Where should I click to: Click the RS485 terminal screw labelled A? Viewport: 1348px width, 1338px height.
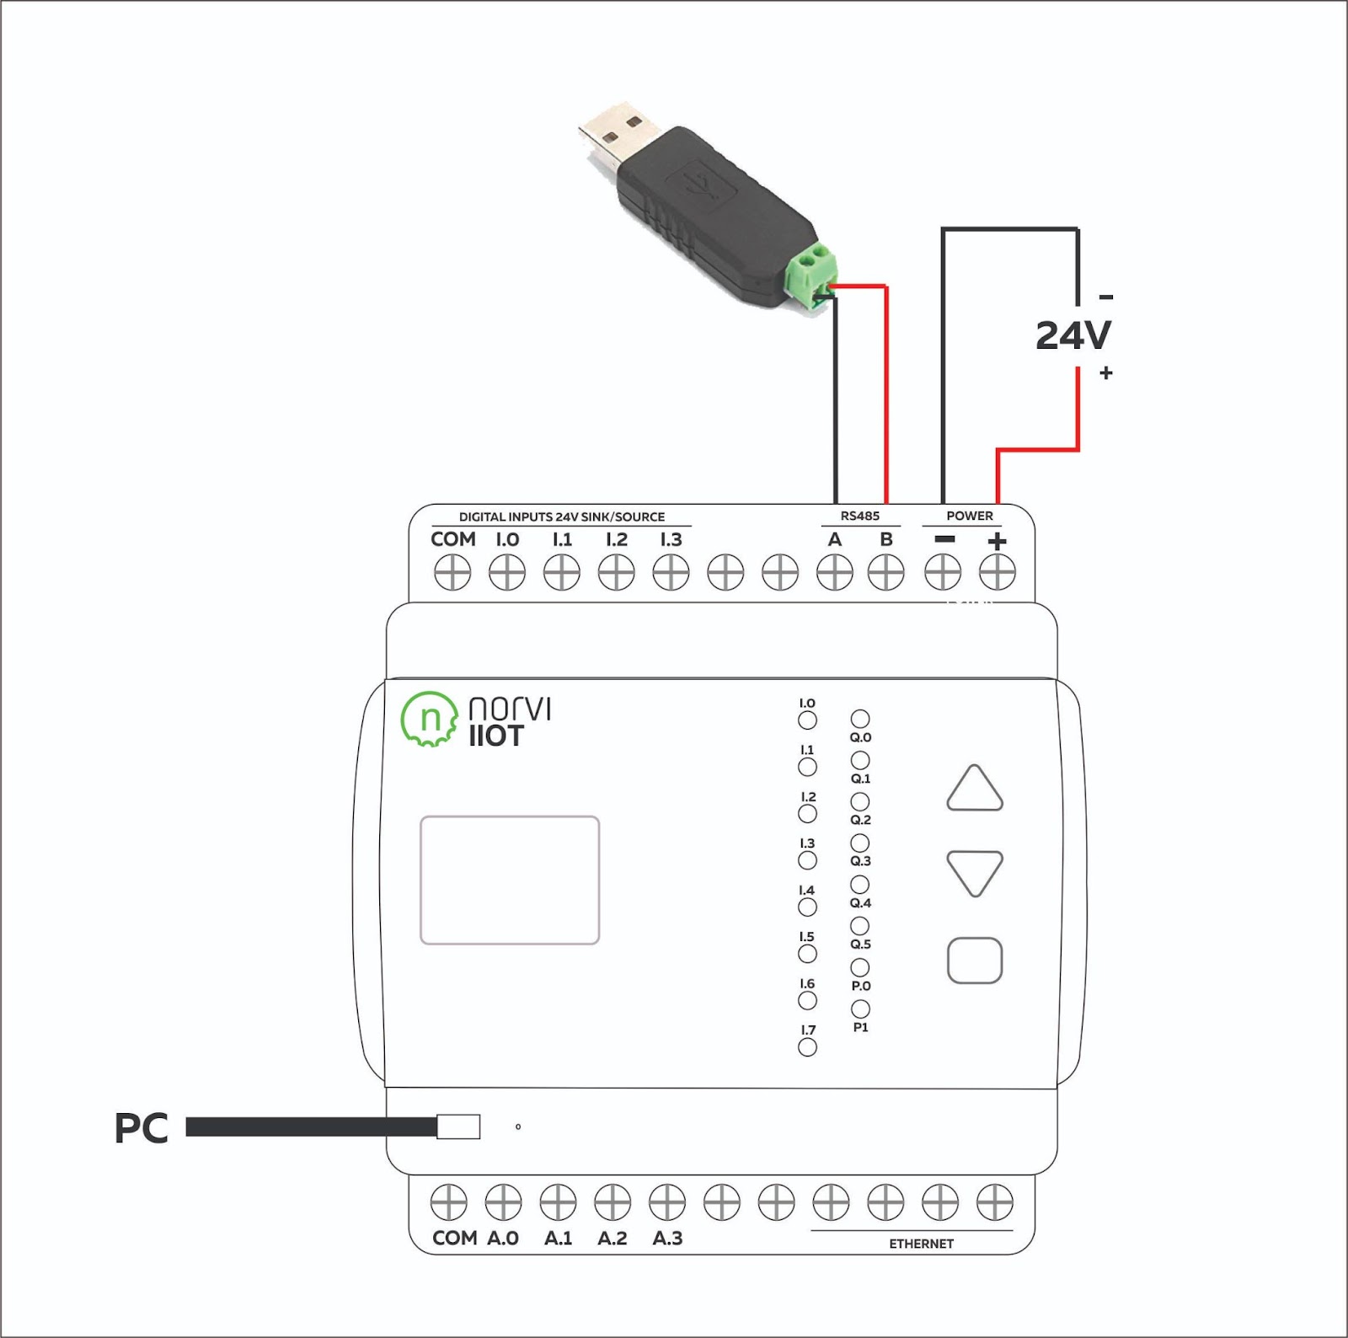click(x=835, y=574)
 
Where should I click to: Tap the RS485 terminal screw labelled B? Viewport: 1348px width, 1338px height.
click(x=885, y=574)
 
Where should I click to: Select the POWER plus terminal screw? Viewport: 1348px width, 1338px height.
click(x=998, y=573)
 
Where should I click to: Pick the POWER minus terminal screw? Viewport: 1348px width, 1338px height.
click(x=943, y=573)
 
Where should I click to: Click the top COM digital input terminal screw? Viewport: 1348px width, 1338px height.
click(x=452, y=574)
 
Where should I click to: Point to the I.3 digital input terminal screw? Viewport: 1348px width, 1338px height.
click(x=671, y=574)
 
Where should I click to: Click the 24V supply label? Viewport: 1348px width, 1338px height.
click(x=1073, y=335)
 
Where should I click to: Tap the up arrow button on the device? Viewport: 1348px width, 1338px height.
click(x=975, y=788)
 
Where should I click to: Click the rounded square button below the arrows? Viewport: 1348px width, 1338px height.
click(x=975, y=961)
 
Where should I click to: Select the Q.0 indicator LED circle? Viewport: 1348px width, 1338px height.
click(x=860, y=719)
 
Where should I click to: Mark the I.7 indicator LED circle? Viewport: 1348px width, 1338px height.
click(x=807, y=1047)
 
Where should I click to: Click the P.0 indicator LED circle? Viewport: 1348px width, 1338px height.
click(x=860, y=967)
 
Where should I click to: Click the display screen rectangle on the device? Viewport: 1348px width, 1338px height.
click(x=510, y=880)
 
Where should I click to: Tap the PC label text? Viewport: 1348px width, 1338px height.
click(x=142, y=1128)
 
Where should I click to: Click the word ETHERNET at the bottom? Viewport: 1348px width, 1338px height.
click(x=922, y=1244)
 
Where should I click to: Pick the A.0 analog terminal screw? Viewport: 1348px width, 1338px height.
click(x=503, y=1202)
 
